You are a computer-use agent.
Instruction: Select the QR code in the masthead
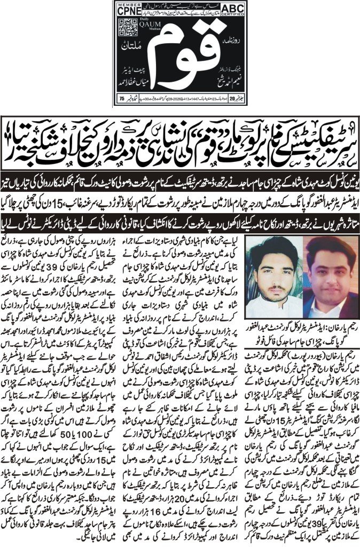127,27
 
